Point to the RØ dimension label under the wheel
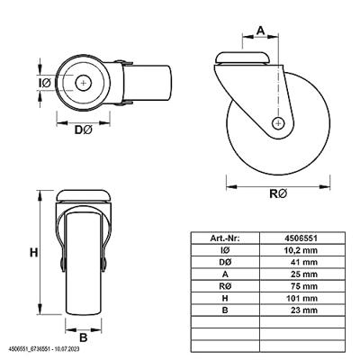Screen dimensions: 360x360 point(278,193)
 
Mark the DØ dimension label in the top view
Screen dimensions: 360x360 point(83,130)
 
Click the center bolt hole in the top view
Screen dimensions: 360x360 point(83,83)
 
